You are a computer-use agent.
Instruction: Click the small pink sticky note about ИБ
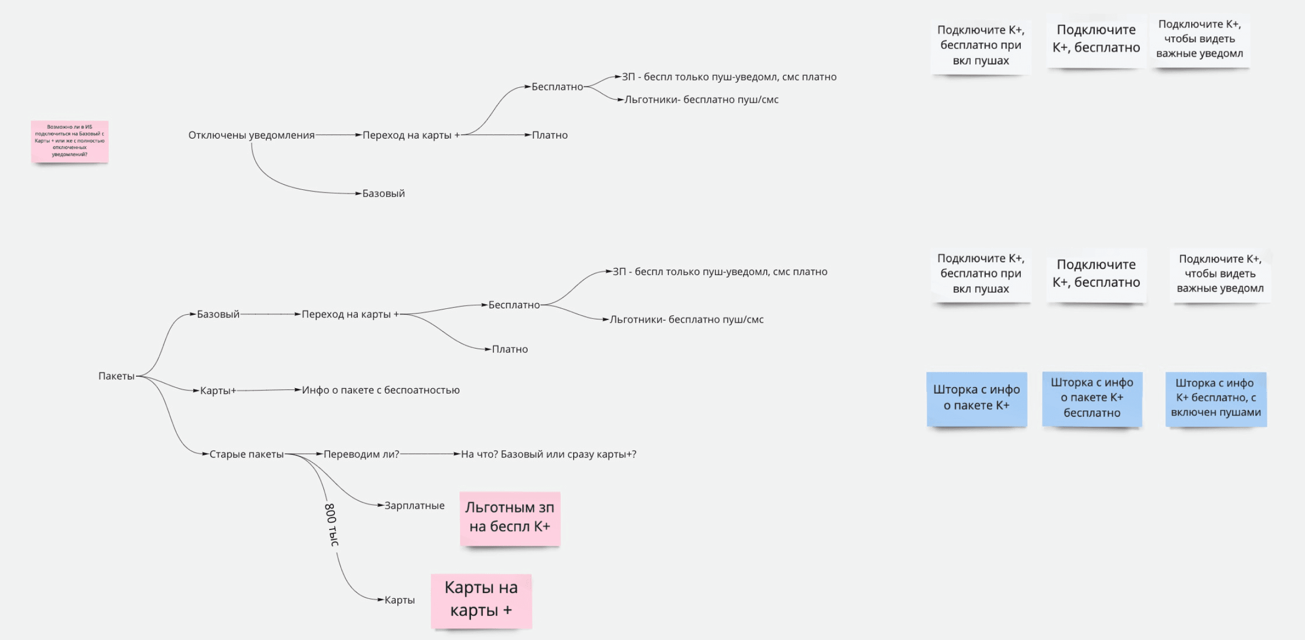click(69, 141)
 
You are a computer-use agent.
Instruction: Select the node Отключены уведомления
click(251, 135)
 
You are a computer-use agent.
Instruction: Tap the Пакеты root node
click(116, 376)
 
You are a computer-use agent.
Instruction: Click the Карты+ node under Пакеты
click(217, 391)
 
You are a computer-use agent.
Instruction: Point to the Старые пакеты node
click(247, 454)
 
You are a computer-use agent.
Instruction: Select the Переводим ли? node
click(361, 454)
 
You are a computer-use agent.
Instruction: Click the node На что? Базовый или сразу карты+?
click(548, 454)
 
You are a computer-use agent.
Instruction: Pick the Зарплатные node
click(414, 506)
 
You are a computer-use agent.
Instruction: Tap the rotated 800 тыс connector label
click(331, 525)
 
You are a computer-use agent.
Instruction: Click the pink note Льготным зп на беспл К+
click(510, 518)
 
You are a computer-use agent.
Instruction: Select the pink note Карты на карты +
click(481, 600)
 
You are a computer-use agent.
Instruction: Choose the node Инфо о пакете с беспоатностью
click(380, 390)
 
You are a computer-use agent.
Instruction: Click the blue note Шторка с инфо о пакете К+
click(976, 398)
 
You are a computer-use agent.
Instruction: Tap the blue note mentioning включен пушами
click(1216, 398)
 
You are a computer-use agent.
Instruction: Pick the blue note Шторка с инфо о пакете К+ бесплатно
click(1092, 398)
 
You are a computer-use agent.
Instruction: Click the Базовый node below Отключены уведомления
click(383, 194)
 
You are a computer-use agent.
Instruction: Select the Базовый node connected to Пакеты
click(218, 315)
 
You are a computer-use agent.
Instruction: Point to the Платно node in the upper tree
click(549, 135)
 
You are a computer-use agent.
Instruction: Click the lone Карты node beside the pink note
click(400, 600)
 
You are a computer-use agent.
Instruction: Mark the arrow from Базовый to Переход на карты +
click(270, 314)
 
